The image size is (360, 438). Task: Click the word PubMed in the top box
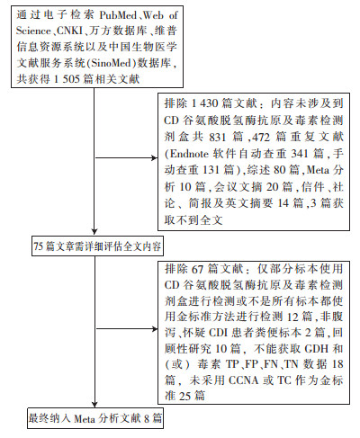(x=118, y=15)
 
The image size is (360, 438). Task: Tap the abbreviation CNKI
(x=69, y=31)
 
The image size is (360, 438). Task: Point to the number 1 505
(x=67, y=79)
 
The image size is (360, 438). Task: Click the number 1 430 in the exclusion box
(x=205, y=103)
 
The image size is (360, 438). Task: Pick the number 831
(x=218, y=138)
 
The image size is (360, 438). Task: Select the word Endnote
(x=189, y=154)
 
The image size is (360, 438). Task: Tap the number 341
(x=300, y=154)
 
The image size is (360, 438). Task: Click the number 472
(x=261, y=138)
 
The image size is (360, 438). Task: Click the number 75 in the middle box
(x=39, y=246)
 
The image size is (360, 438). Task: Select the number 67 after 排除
(x=197, y=269)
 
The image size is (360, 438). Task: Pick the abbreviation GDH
(x=315, y=349)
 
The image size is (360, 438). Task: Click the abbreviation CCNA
(x=243, y=380)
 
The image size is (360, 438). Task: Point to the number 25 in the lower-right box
(x=185, y=397)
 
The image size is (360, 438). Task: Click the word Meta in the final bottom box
(x=85, y=419)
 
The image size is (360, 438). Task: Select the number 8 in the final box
(x=147, y=419)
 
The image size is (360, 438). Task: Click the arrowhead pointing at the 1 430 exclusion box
(x=155, y=157)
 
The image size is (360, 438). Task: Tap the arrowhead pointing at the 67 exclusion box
(x=155, y=329)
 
